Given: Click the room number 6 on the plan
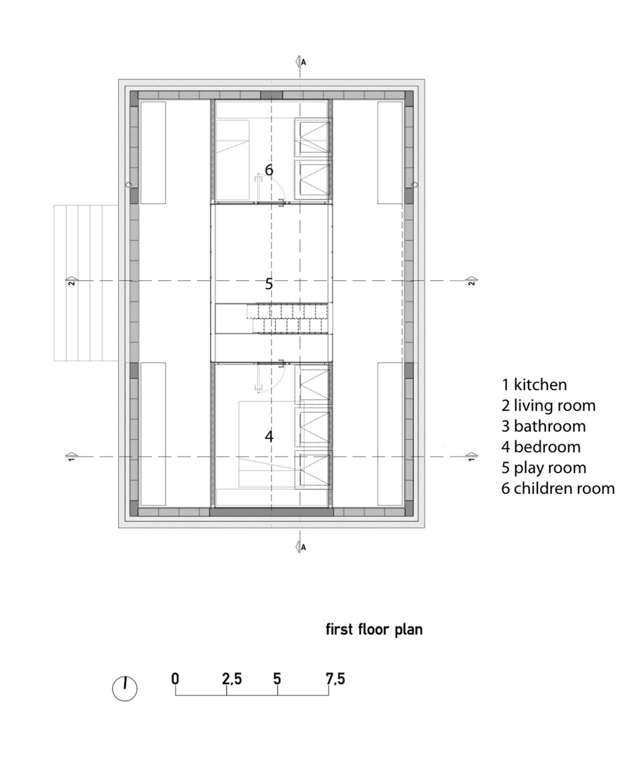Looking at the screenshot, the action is [x=269, y=170].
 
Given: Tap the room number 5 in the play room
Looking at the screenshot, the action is [x=269, y=284].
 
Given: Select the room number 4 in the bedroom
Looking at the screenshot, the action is [x=269, y=436].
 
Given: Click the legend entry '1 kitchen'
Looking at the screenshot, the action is [x=534, y=385].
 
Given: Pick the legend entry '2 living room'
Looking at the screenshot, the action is [x=549, y=406].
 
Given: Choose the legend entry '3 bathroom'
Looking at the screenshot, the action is [x=544, y=426].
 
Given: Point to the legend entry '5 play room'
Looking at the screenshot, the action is [x=544, y=468].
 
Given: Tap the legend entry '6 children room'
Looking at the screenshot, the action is [x=558, y=489].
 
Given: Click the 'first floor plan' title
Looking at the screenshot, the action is [x=374, y=630].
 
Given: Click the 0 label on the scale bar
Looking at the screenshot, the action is [x=175, y=679].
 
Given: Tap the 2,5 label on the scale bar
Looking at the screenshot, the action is [x=232, y=679].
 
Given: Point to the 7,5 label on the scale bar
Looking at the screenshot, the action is [x=335, y=679].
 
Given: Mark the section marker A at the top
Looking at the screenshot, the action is [x=301, y=62].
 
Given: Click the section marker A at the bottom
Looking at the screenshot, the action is [x=301, y=547].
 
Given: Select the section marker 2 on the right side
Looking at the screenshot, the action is [x=472, y=281].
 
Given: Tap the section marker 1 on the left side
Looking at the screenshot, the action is [x=71, y=456].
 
